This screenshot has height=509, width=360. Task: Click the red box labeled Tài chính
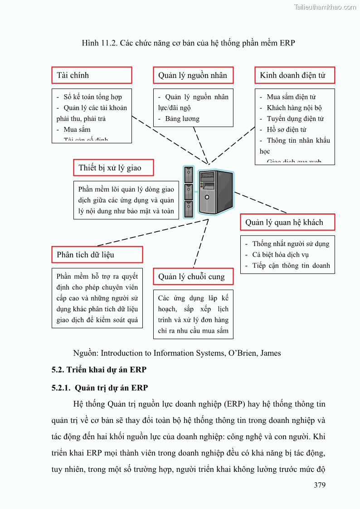click(x=92, y=75)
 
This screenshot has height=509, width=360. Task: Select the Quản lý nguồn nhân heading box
click(x=193, y=75)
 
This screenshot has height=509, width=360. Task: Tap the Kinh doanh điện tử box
click(x=295, y=75)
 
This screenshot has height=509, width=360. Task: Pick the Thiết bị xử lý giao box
click(x=113, y=168)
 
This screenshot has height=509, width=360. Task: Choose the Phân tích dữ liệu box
click(x=97, y=255)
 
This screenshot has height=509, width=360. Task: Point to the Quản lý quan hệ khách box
click(x=287, y=222)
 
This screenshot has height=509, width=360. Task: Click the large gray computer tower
click(x=216, y=192)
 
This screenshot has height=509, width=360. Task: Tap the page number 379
click(x=320, y=485)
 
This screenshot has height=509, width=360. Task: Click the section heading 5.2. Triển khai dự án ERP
click(x=99, y=369)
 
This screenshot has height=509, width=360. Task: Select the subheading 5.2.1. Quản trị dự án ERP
click(x=100, y=388)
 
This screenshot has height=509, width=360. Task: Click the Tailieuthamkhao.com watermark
click(x=325, y=7)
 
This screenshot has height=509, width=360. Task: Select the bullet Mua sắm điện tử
click(x=291, y=97)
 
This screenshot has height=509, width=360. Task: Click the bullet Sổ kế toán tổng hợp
click(x=92, y=97)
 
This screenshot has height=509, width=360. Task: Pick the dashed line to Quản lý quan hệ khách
click(x=261, y=202)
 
